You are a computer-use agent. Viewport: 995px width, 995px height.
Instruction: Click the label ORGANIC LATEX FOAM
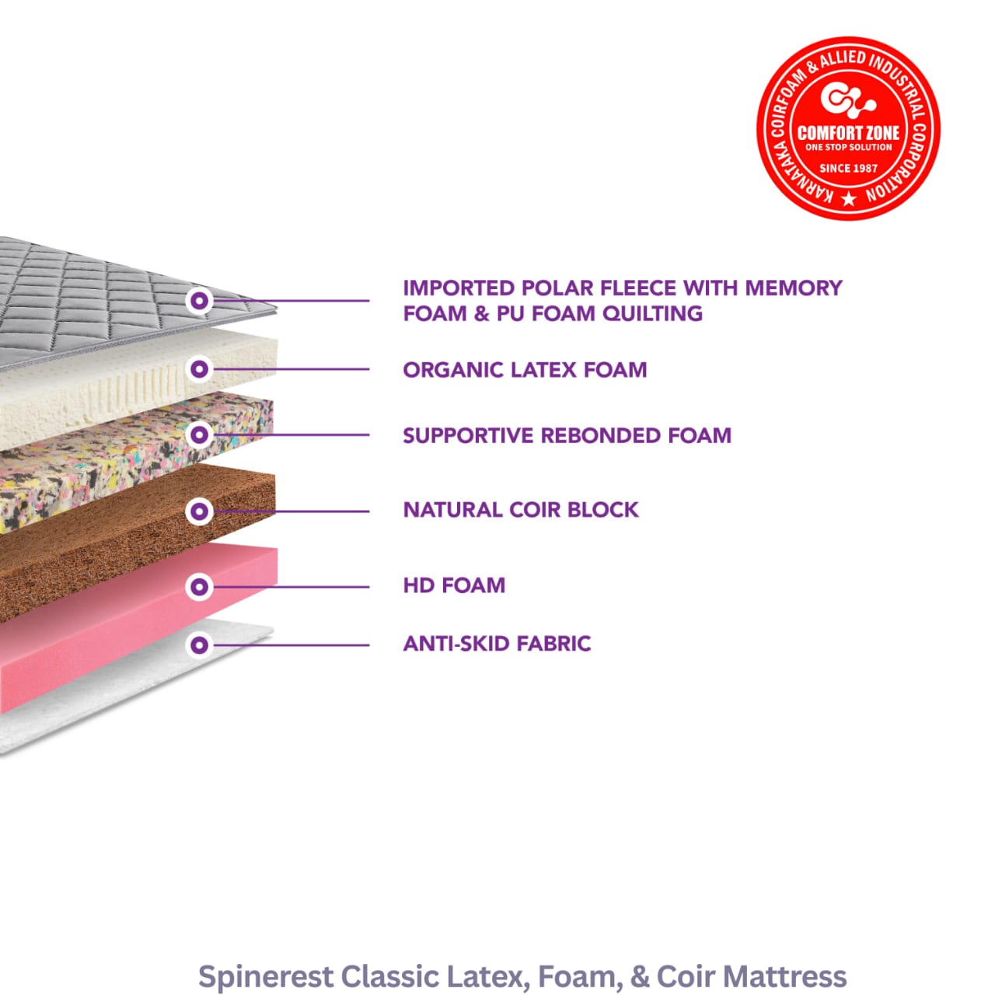click(525, 369)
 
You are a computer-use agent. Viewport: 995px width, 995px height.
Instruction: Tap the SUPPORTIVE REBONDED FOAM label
click(567, 435)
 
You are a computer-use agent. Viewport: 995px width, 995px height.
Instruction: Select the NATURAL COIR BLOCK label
click(521, 510)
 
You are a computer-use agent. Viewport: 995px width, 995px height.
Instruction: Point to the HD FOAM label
click(454, 585)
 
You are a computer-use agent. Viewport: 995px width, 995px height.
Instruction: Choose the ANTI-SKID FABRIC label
click(497, 644)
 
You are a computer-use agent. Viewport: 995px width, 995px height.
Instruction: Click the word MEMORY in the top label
click(793, 288)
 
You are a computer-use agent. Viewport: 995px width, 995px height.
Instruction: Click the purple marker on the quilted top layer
click(200, 301)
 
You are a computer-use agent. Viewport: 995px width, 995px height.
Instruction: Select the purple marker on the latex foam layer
click(200, 368)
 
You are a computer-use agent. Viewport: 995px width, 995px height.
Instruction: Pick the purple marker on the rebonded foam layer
click(200, 435)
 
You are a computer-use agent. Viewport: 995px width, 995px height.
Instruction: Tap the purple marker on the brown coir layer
click(200, 511)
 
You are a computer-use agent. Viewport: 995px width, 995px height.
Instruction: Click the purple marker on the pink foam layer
click(200, 586)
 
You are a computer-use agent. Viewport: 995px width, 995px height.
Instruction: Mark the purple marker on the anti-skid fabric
click(200, 644)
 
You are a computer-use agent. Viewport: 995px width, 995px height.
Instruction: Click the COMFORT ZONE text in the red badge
click(848, 133)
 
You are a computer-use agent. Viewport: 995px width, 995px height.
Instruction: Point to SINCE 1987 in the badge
click(848, 168)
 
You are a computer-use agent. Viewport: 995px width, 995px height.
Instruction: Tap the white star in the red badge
click(849, 200)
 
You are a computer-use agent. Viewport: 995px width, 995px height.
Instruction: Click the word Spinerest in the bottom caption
click(265, 976)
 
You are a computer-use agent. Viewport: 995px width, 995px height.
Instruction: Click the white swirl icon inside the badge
click(847, 99)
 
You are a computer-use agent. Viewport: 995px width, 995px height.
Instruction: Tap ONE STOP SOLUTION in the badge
click(848, 147)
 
